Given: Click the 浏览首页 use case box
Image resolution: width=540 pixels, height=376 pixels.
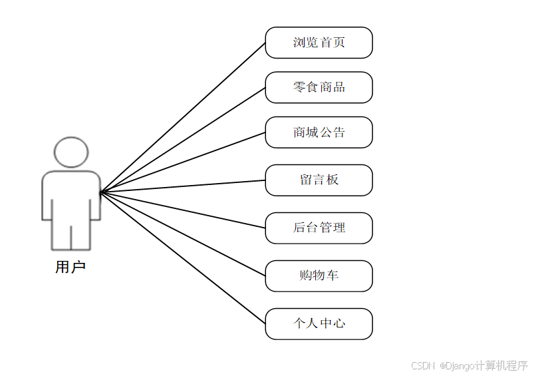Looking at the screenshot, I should (x=319, y=43).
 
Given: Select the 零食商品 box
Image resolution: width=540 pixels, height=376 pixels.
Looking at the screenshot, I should (x=319, y=87).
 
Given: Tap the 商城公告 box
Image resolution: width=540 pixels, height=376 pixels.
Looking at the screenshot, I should (x=319, y=132).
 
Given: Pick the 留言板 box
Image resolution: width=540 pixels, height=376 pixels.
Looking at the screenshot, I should (x=319, y=180).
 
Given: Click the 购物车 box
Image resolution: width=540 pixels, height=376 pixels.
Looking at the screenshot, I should (x=319, y=276).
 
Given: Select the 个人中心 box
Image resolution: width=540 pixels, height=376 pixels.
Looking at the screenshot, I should (x=319, y=324).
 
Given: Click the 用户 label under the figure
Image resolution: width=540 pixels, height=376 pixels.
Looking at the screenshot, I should (x=70, y=268).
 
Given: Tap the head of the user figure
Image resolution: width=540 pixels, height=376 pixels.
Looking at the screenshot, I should (x=71, y=152).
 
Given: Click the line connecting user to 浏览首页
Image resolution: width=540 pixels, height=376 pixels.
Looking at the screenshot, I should (x=183, y=118).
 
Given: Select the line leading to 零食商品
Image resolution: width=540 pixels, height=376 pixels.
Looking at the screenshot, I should (x=183, y=140).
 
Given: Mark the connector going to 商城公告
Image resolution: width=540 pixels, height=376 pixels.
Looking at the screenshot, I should (x=183, y=162).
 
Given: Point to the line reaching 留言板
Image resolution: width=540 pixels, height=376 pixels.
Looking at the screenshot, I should (x=183, y=186).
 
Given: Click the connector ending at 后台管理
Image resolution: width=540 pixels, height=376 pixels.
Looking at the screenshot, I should (x=183, y=210).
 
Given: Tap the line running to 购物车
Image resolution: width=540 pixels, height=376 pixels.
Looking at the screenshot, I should (x=183, y=234).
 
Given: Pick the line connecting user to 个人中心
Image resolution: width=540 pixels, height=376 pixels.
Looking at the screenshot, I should (x=183, y=258).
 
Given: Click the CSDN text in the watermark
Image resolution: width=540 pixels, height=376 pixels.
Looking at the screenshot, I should (x=422, y=365).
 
